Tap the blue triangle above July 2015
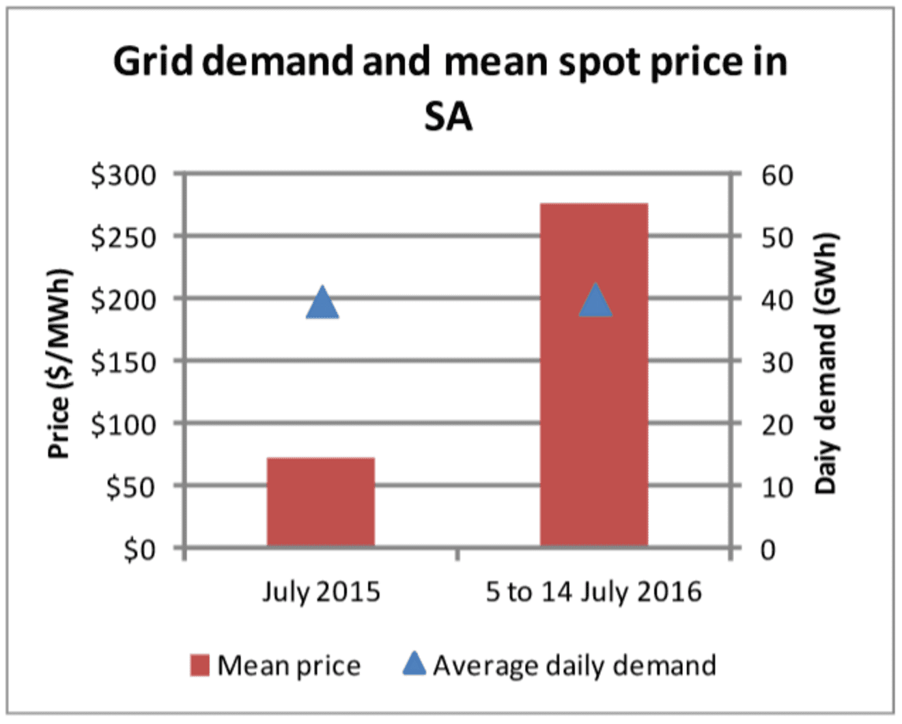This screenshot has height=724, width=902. (322, 304)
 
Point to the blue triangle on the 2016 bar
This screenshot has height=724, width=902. (595, 301)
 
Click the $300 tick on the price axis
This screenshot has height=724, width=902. (124, 176)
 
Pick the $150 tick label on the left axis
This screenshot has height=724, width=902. (124, 362)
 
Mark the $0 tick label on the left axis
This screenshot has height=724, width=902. (139, 549)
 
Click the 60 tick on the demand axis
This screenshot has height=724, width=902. (777, 176)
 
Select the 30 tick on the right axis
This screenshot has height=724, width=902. (777, 362)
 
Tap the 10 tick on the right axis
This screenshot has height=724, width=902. (777, 487)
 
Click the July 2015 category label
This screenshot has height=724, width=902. (321, 591)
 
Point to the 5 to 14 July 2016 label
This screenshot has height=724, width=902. (593, 591)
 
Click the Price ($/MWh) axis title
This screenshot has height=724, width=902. (59, 363)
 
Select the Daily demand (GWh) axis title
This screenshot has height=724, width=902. (826, 363)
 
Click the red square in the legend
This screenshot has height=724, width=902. (199, 665)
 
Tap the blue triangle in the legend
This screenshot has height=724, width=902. (414, 664)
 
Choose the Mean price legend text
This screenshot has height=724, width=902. (289, 665)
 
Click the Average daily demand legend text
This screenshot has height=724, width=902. (574, 665)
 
